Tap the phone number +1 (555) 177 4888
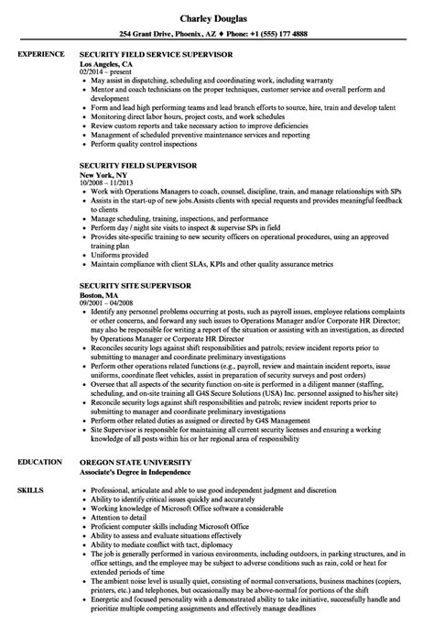[x=285, y=32]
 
